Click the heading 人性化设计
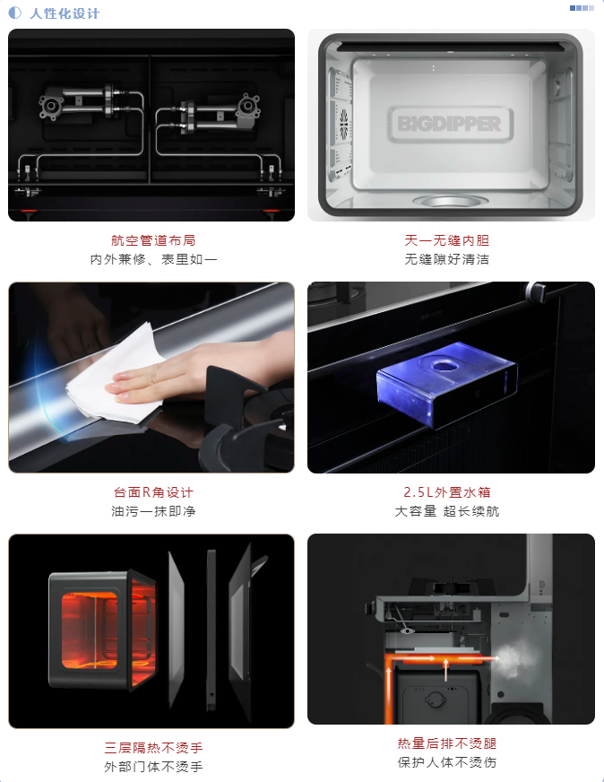click(x=65, y=13)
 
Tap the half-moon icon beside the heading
click(x=15, y=13)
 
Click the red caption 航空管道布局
click(x=153, y=240)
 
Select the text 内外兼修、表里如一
click(x=153, y=259)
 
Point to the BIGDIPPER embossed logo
click(x=450, y=124)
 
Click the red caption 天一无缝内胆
click(x=447, y=240)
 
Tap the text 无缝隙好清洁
click(x=447, y=259)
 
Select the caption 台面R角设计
click(x=153, y=492)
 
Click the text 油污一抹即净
click(x=153, y=511)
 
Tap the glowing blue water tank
click(x=447, y=383)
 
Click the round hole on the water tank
click(x=442, y=367)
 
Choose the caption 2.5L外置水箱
click(x=447, y=492)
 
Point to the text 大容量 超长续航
click(x=447, y=511)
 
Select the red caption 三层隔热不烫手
click(x=153, y=748)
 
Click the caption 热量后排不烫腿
click(x=447, y=743)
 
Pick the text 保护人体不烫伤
click(x=447, y=762)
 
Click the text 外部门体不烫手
click(x=153, y=767)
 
